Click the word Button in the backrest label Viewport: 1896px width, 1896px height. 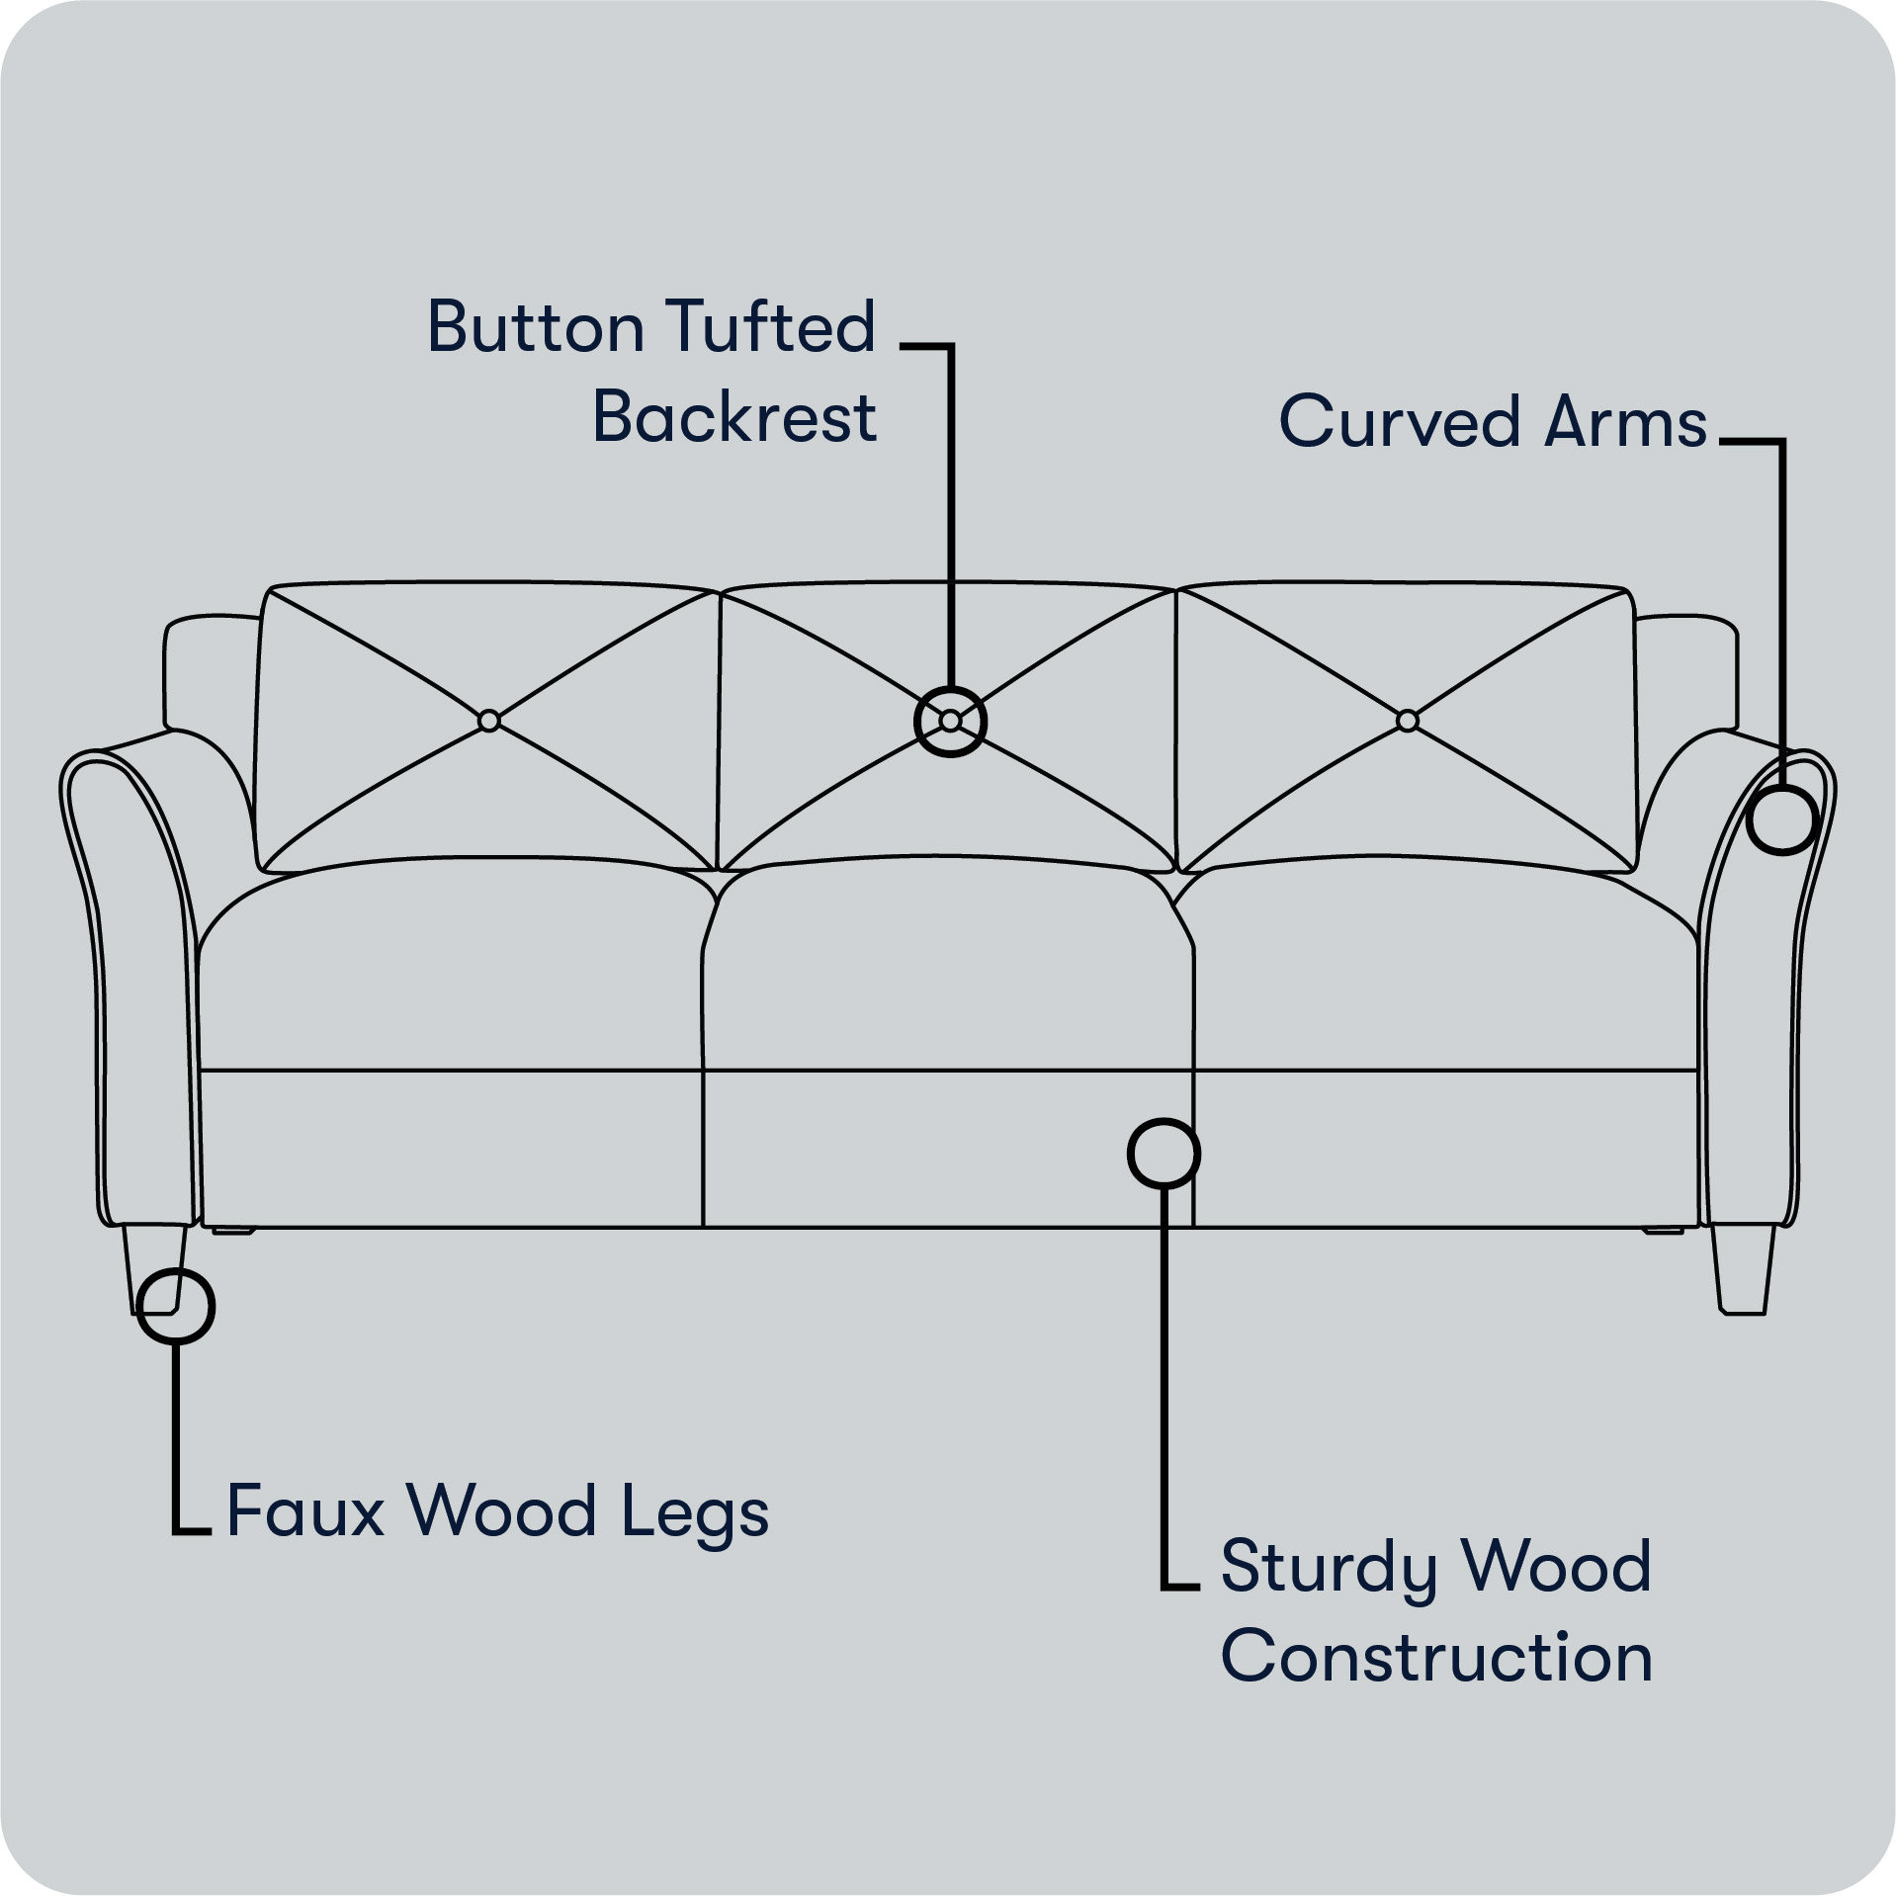[x=533, y=327]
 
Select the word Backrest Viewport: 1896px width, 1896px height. [x=734, y=417]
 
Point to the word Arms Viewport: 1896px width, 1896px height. [x=1627, y=422]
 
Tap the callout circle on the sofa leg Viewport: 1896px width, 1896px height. [x=176, y=1306]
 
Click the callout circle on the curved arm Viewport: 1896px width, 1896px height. [x=1781, y=819]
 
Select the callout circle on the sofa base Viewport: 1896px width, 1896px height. [x=1163, y=1153]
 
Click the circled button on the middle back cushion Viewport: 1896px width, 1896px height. [x=950, y=722]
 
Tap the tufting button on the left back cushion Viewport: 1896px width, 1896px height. [x=488, y=722]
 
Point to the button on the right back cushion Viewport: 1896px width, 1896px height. [x=1407, y=721]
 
